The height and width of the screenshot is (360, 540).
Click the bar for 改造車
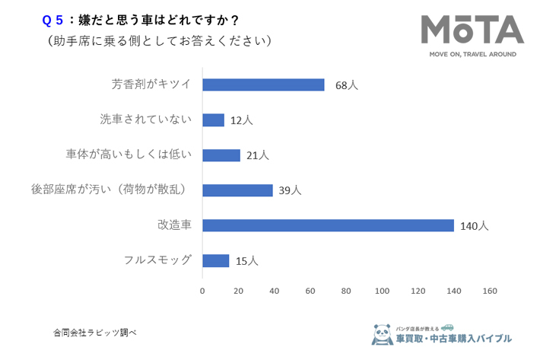328,225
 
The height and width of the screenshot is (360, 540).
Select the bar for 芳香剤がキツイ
263,84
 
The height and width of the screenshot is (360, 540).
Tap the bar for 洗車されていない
213,120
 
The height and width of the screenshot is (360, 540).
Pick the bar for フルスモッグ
215,260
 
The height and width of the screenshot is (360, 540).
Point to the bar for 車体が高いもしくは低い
221,155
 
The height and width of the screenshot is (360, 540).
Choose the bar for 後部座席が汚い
237,190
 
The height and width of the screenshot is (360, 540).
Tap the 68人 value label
346,85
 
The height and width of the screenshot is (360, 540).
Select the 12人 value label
241,120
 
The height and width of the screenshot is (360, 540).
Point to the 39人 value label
290,190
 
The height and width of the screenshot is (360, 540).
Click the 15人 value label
246,261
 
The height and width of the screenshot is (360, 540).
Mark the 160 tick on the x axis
490,291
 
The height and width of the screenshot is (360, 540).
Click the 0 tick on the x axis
202,291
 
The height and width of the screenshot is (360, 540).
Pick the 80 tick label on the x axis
346,291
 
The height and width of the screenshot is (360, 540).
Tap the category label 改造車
174,225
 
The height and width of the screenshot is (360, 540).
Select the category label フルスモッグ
157,260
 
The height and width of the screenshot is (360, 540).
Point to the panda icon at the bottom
382,333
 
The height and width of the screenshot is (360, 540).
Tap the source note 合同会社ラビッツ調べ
94,333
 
